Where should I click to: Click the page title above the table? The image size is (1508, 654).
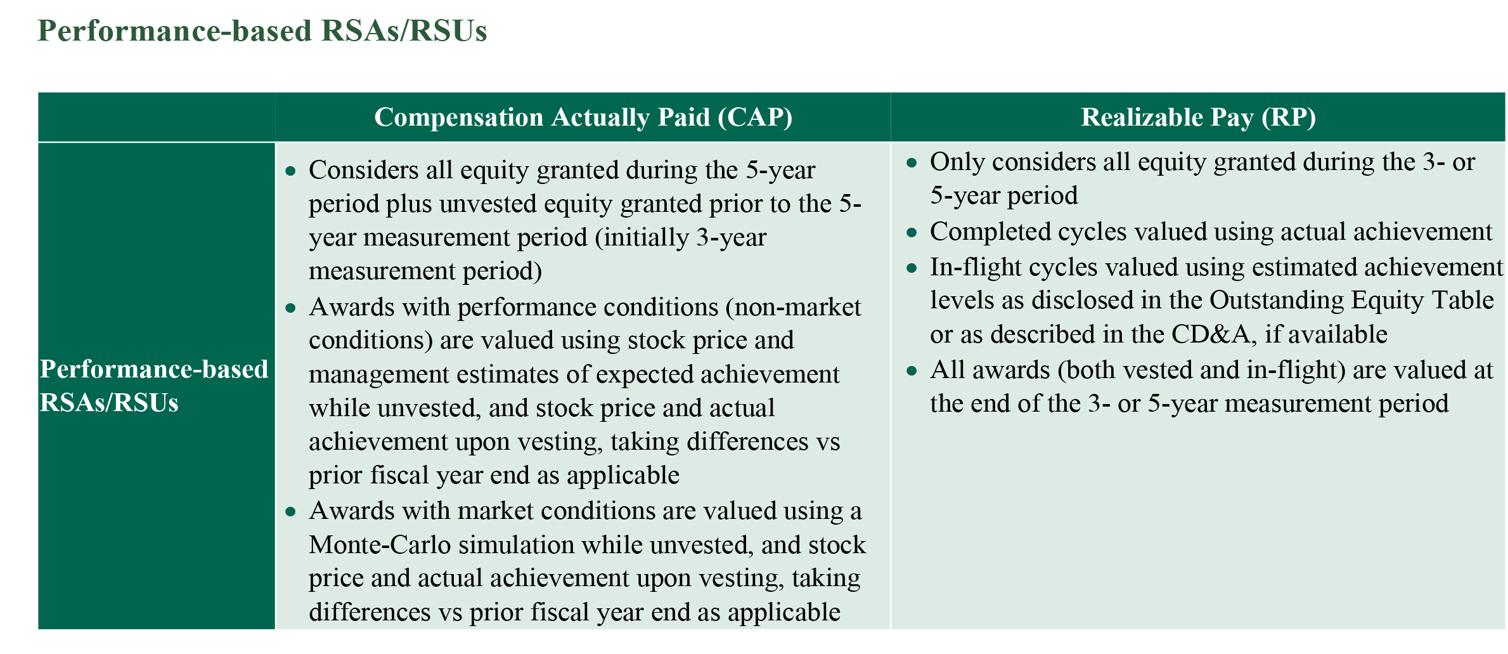pos(262,30)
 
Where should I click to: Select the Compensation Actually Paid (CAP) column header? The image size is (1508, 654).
pos(583,117)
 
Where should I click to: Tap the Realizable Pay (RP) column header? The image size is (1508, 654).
pos(1198,117)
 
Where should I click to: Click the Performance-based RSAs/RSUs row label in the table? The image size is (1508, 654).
pos(154,386)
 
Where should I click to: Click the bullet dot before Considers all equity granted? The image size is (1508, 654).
pos(291,171)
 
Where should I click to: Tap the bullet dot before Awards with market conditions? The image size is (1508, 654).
pos(291,512)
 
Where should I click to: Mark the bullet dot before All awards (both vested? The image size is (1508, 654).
pos(912,371)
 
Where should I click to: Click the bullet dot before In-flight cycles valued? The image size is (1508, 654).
pos(912,268)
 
